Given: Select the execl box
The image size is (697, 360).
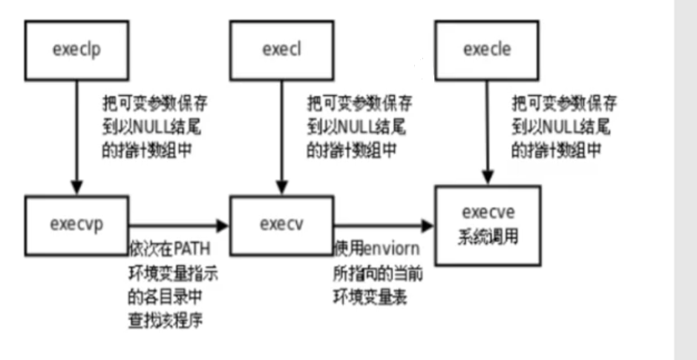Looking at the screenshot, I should click(280, 50).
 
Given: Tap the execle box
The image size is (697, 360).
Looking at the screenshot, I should click(486, 50).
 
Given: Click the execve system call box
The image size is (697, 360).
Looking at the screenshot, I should click(486, 226).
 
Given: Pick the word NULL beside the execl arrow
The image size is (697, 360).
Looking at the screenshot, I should click(356, 120).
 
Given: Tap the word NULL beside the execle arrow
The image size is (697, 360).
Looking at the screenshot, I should click(562, 120).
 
